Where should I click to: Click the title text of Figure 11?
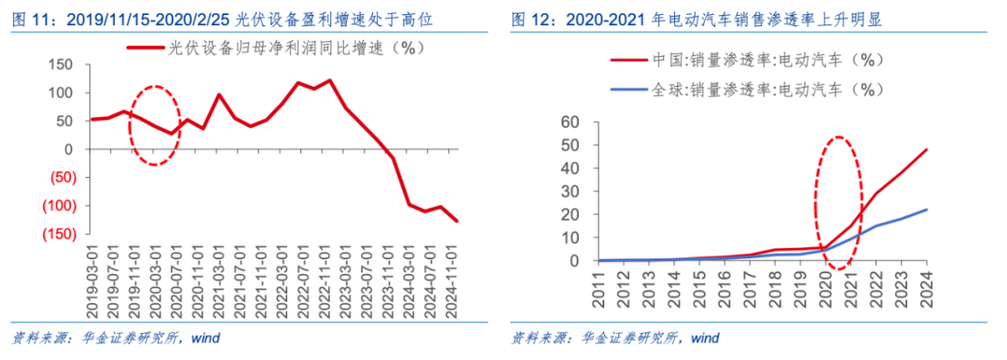click(x=242, y=18)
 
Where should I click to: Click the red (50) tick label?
click(x=60, y=177)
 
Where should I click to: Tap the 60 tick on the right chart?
click(x=571, y=122)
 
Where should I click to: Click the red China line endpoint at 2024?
click(x=926, y=149)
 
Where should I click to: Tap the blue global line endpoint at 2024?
click(x=926, y=210)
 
